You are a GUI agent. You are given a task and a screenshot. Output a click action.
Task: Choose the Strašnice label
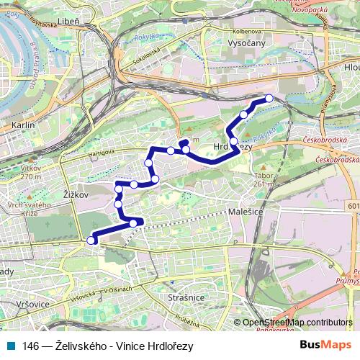(x=186, y=296)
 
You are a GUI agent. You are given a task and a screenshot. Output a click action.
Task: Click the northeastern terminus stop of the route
(x=269, y=98)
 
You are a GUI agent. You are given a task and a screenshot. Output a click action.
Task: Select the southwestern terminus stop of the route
(x=91, y=240)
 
